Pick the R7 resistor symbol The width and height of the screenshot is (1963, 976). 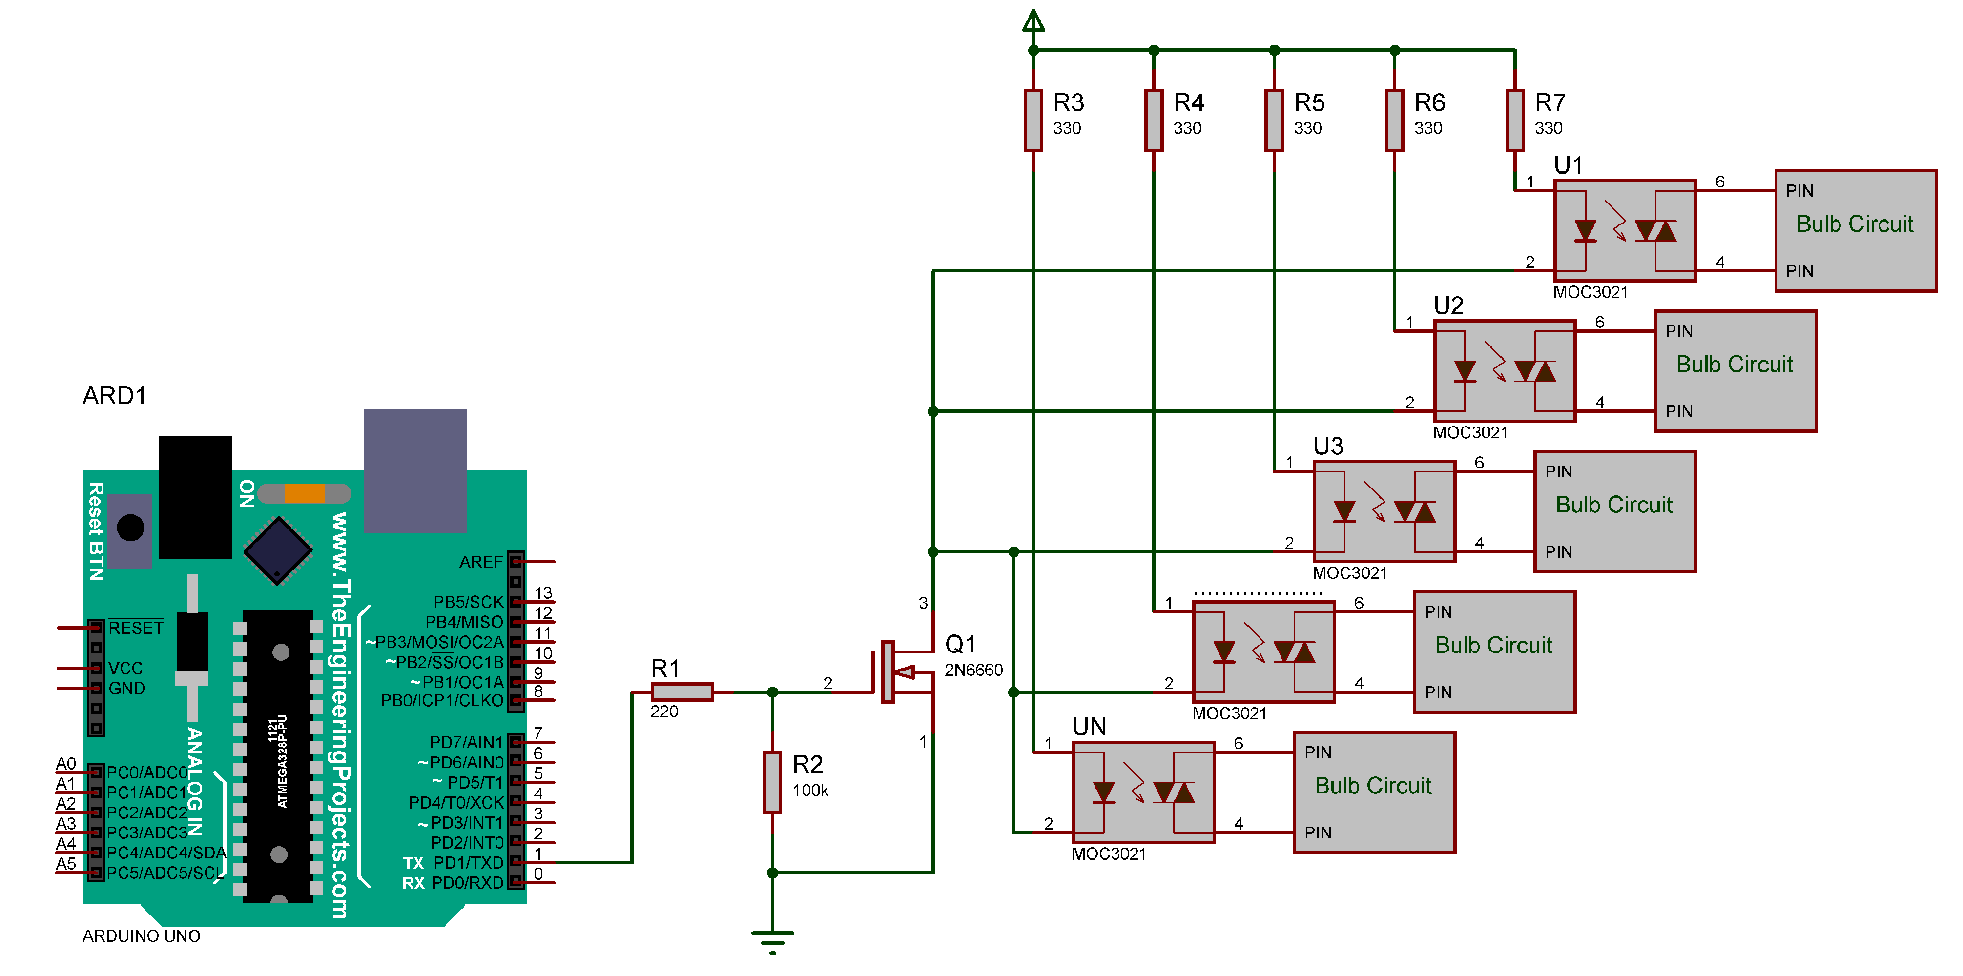1514,121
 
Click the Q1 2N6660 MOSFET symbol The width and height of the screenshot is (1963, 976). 903,671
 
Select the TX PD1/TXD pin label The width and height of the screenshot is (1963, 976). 454,862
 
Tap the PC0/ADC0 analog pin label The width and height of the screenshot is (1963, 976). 146,772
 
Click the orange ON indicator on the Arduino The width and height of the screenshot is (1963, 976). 304,494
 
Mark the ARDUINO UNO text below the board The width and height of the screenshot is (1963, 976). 141,935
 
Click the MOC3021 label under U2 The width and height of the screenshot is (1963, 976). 1469,433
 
